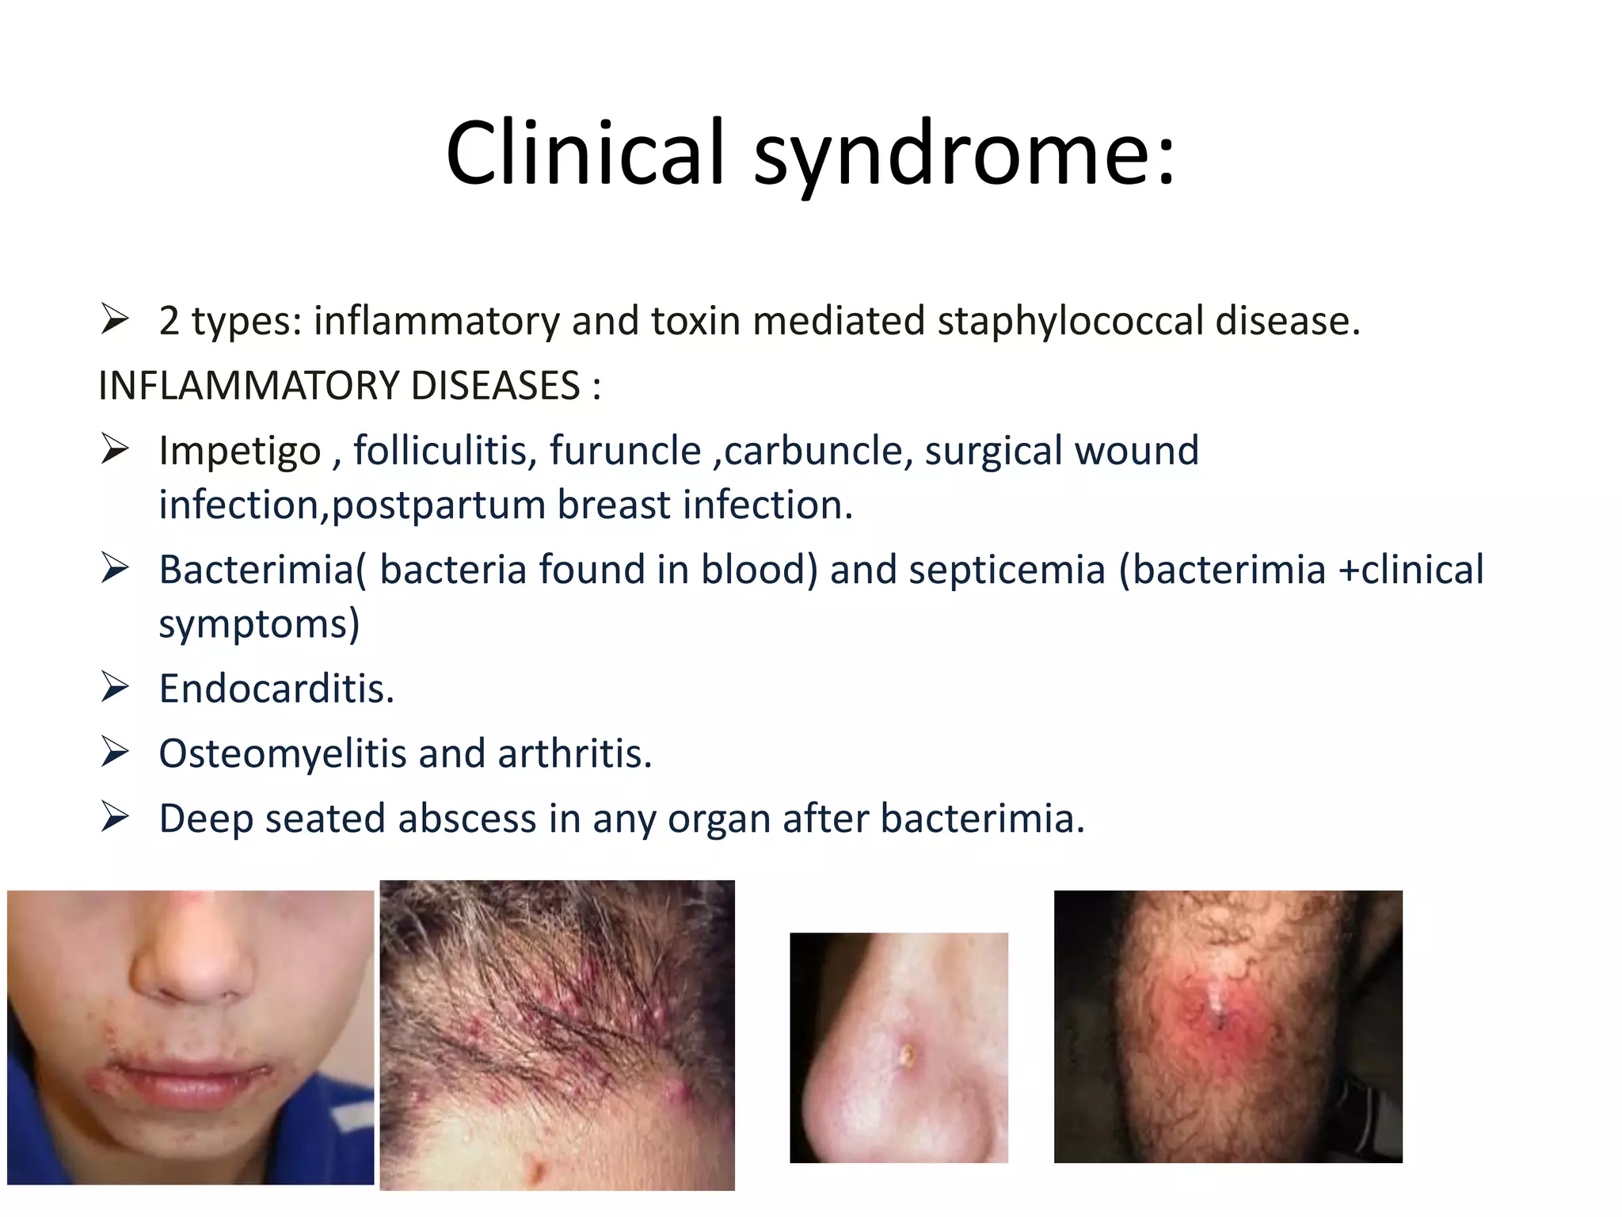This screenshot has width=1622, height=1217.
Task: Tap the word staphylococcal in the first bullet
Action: point(1072,321)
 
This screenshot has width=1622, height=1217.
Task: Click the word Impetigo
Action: point(239,451)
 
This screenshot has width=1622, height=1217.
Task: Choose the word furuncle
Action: point(625,451)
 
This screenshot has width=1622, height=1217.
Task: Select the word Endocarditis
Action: point(276,689)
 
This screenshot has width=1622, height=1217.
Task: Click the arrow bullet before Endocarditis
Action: point(116,687)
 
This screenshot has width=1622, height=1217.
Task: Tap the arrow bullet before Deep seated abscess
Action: point(116,817)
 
